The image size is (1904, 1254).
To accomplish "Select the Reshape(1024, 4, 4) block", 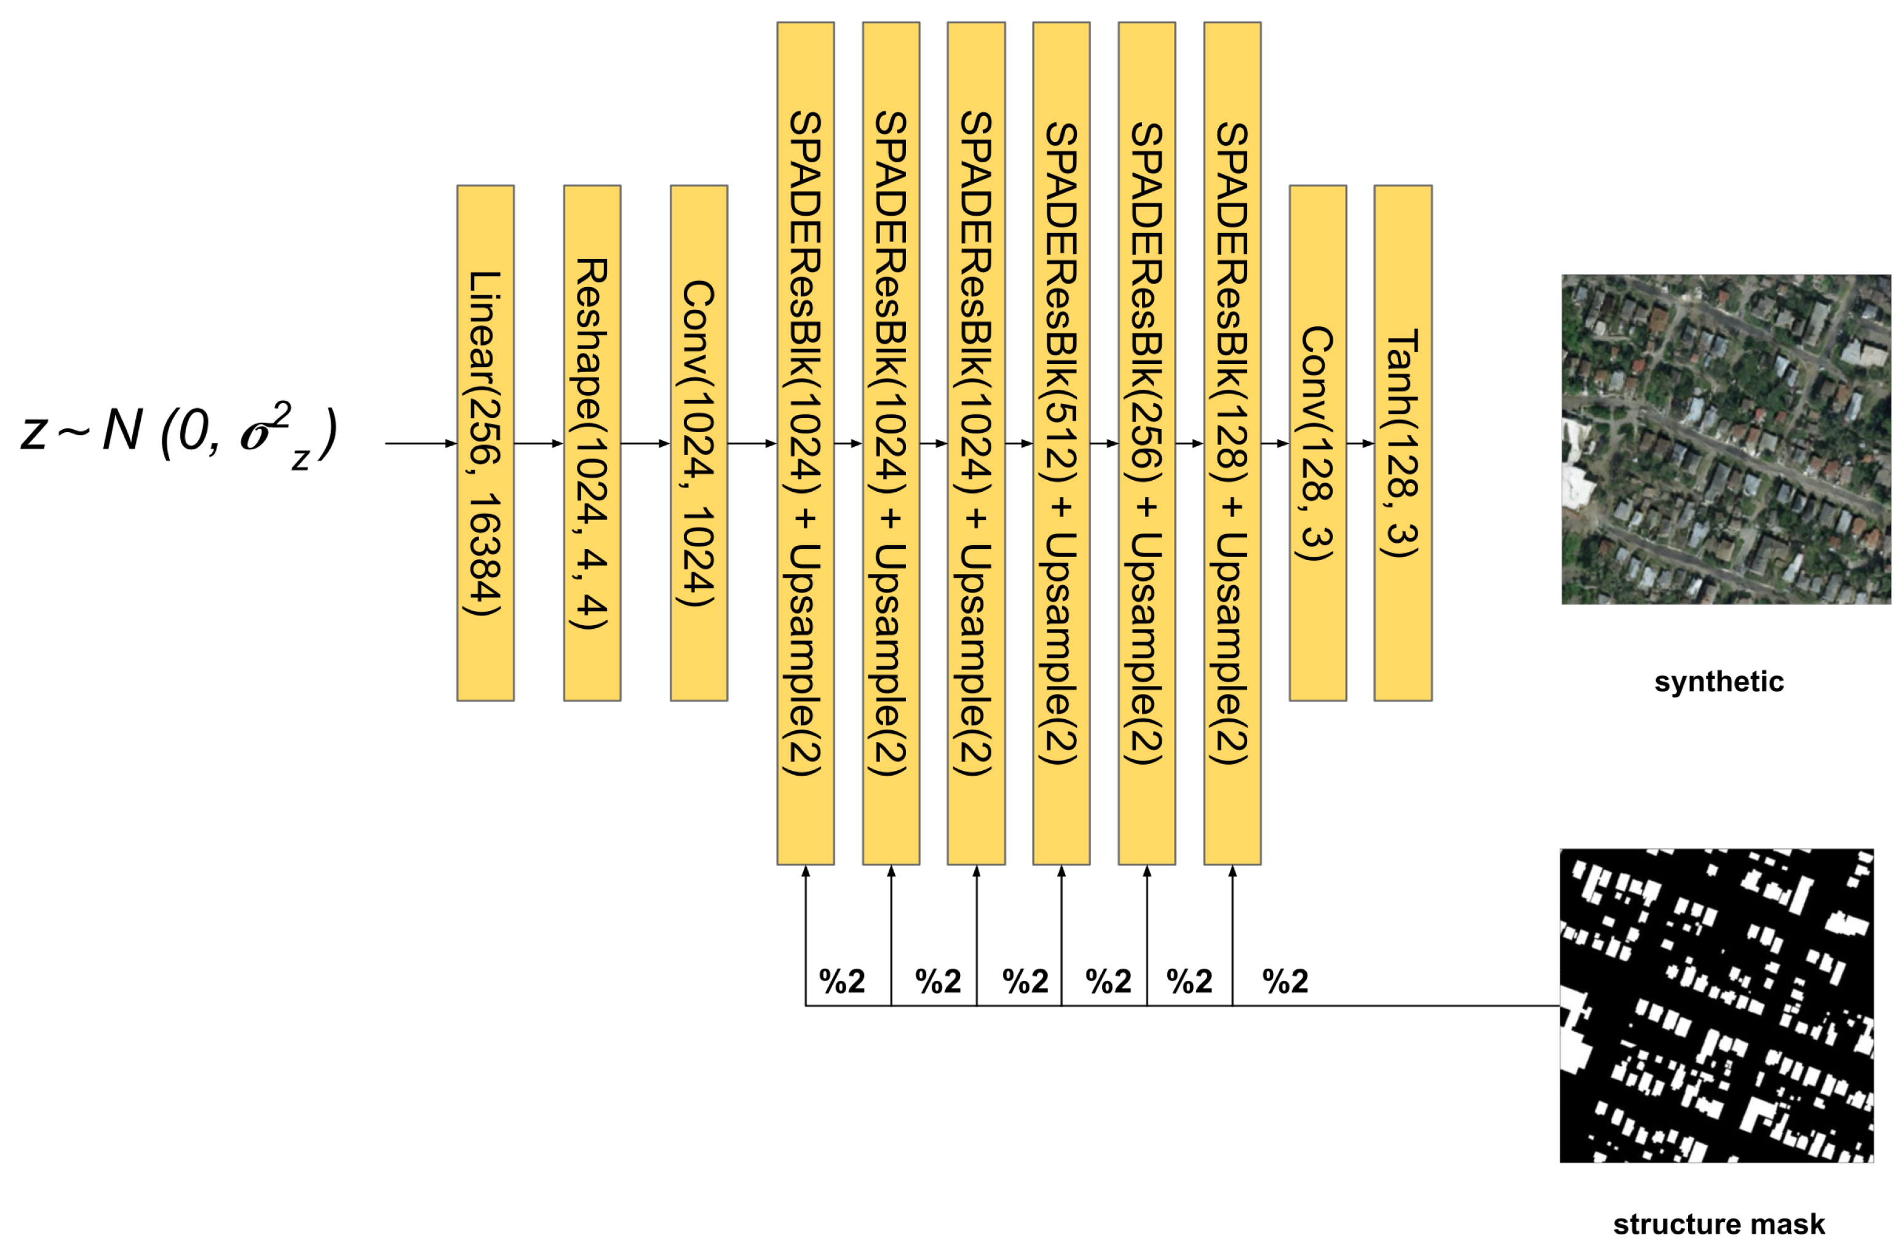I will tap(592, 443).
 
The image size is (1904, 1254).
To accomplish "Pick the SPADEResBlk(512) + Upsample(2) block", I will tap(1061, 443).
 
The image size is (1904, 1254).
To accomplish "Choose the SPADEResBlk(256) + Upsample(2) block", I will tap(1146, 443).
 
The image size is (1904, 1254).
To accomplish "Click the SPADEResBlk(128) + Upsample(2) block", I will tap(1232, 443).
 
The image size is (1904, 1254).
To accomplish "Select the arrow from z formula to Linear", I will tap(421, 443).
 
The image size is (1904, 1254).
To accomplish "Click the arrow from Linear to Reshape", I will tap(538, 443).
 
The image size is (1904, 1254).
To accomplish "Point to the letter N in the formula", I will tap(122, 431).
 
